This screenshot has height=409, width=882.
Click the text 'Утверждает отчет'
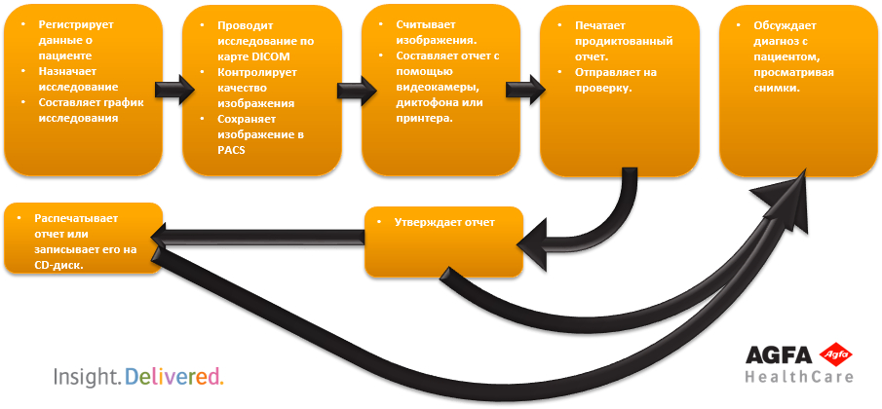(443, 223)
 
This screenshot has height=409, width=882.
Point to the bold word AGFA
(780, 356)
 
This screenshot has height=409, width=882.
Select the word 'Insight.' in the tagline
(87, 376)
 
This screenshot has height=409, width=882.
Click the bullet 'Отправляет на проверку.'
(609, 79)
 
